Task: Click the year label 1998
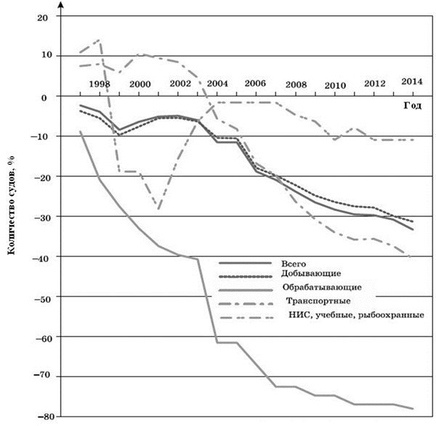coord(100,83)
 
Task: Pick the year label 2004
coord(217,83)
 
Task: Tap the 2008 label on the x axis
coord(296,84)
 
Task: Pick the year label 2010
coord(335,86)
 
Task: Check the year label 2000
coord(140,83)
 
